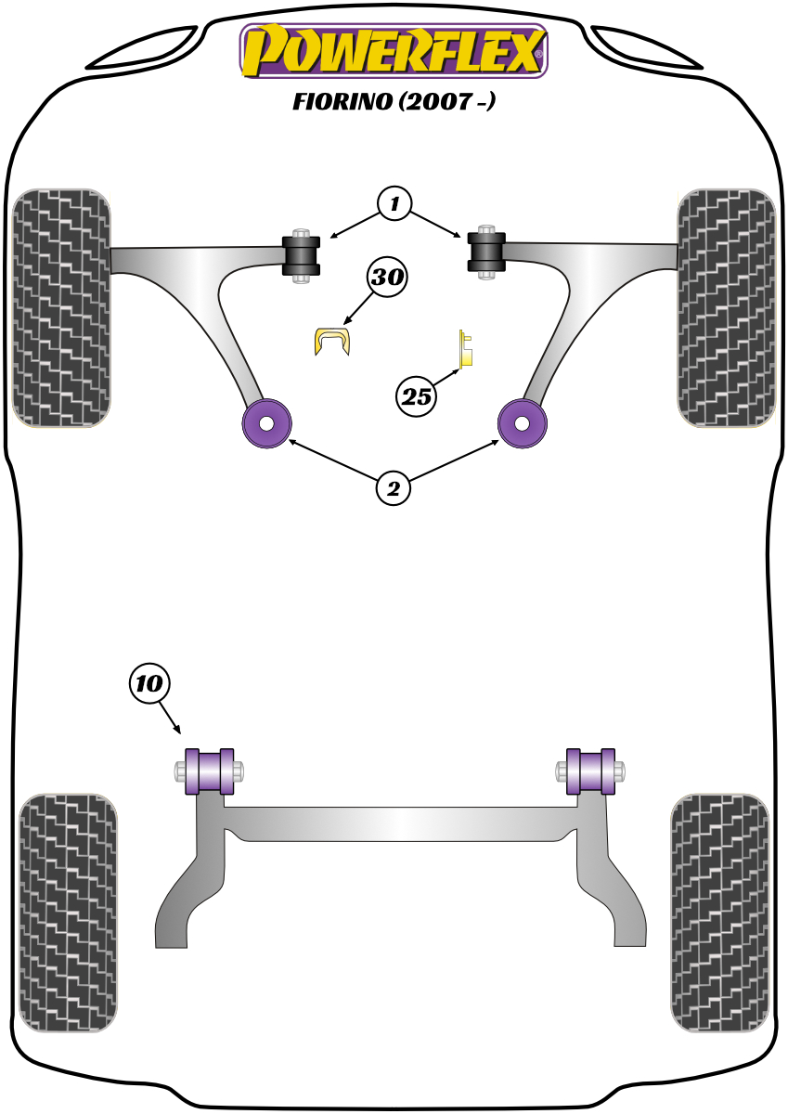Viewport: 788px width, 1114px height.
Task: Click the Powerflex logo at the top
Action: pyautogui.click(x=394, y=51)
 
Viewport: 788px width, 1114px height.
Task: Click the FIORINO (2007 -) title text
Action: pyautogui.click(x=394, y=101)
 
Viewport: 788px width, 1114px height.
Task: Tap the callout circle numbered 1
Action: pyautogui.click(x=394, y=203)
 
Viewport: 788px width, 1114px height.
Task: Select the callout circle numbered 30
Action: pyautogui.click(x=387, y=277)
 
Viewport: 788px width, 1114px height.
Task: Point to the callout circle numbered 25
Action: pyautogui.click(x=416, y=397)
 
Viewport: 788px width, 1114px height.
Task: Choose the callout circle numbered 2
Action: pyautogui.click(x=394, y=489)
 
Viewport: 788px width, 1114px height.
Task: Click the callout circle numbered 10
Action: pyautogui.click(x=149, y=683)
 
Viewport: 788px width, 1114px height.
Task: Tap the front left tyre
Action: pyautogui.click(x=61, y=308)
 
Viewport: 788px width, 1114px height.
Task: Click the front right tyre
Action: pyautogui.click(x=727, y=308)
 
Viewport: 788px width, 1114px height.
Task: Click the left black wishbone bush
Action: pyautogui.click(x=301, y=255)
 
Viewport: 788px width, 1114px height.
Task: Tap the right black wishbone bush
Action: pyautogui.click(x=486, y=253)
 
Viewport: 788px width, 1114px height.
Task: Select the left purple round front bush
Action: pyautogui.click(x=266, y=423)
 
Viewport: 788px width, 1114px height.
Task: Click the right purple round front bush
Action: pyautogui.click(x=522, y=423)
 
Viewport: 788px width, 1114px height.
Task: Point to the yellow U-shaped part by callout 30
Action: pyautogui.click(x=332, y=341)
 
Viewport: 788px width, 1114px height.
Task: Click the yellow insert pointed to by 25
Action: pyautogui.click(x=465, y=348)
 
